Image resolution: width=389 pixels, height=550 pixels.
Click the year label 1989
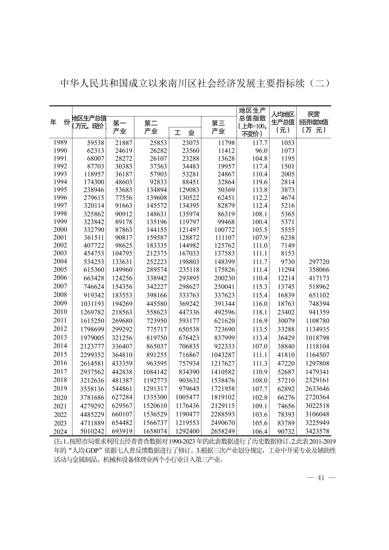[60, 142]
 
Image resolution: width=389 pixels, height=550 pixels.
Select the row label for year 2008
[60, 295]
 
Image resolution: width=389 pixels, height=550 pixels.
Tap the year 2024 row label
[60, 432]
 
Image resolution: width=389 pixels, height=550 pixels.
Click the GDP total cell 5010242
[92, 431]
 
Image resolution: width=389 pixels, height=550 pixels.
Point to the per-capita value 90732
[286, 432]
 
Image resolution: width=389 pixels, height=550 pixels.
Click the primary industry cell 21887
[122, 143]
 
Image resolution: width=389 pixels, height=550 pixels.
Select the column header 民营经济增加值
[314, 122]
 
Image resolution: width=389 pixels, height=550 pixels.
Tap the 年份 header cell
[60, 122]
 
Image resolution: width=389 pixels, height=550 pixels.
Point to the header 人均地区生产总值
[283, 122]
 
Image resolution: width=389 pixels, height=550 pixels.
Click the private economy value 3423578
[317, 431]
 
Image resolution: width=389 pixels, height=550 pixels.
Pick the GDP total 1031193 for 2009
[92, 304]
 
